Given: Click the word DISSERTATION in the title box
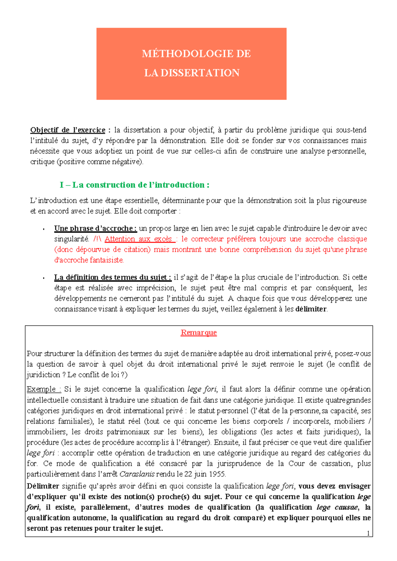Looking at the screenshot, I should [x=200, y=73].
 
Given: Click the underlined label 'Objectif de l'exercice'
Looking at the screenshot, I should [x=67, y=130].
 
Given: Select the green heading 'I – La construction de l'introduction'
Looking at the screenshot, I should [x=134, y=185].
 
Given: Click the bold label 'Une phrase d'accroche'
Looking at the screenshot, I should [x=95, y=228].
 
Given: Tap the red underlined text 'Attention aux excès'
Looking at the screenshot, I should [x=139, y=239].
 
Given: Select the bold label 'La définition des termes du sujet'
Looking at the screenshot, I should [x=112, y=277].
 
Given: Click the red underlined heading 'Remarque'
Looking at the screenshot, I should [x=198, y=332].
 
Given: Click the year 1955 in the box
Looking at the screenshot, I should [x=217, y=474].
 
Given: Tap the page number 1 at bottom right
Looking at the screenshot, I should [x=368, y=533].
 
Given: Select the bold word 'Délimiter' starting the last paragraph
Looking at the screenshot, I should [x=43, y=486].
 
